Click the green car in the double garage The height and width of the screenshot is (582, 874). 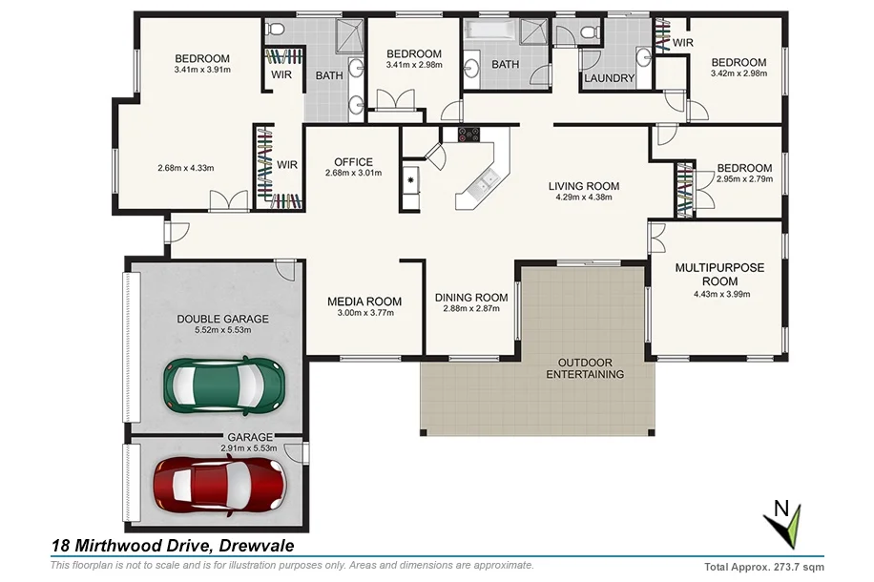point(224,385)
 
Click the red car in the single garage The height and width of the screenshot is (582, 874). point(220,484)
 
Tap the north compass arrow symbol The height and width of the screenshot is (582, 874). point(785,526)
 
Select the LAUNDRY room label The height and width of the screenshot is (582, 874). point(609,78)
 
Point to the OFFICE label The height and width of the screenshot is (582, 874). point(353,161)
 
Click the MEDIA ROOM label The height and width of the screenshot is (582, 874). point(364,301)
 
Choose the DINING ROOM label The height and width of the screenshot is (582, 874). point(471,297)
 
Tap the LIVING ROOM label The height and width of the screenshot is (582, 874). point(584,186)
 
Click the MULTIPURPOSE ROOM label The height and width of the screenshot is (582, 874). point(719,275)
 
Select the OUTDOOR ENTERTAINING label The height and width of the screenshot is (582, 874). point(585,368)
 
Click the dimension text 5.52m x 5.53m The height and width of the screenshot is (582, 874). point(222,330)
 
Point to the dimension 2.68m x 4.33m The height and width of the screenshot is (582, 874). point(185,169)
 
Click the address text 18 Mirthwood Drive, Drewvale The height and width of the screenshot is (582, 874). point(173,546)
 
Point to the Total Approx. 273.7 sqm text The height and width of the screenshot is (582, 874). point(763,566)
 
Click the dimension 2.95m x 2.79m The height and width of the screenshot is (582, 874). point(744,179)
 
